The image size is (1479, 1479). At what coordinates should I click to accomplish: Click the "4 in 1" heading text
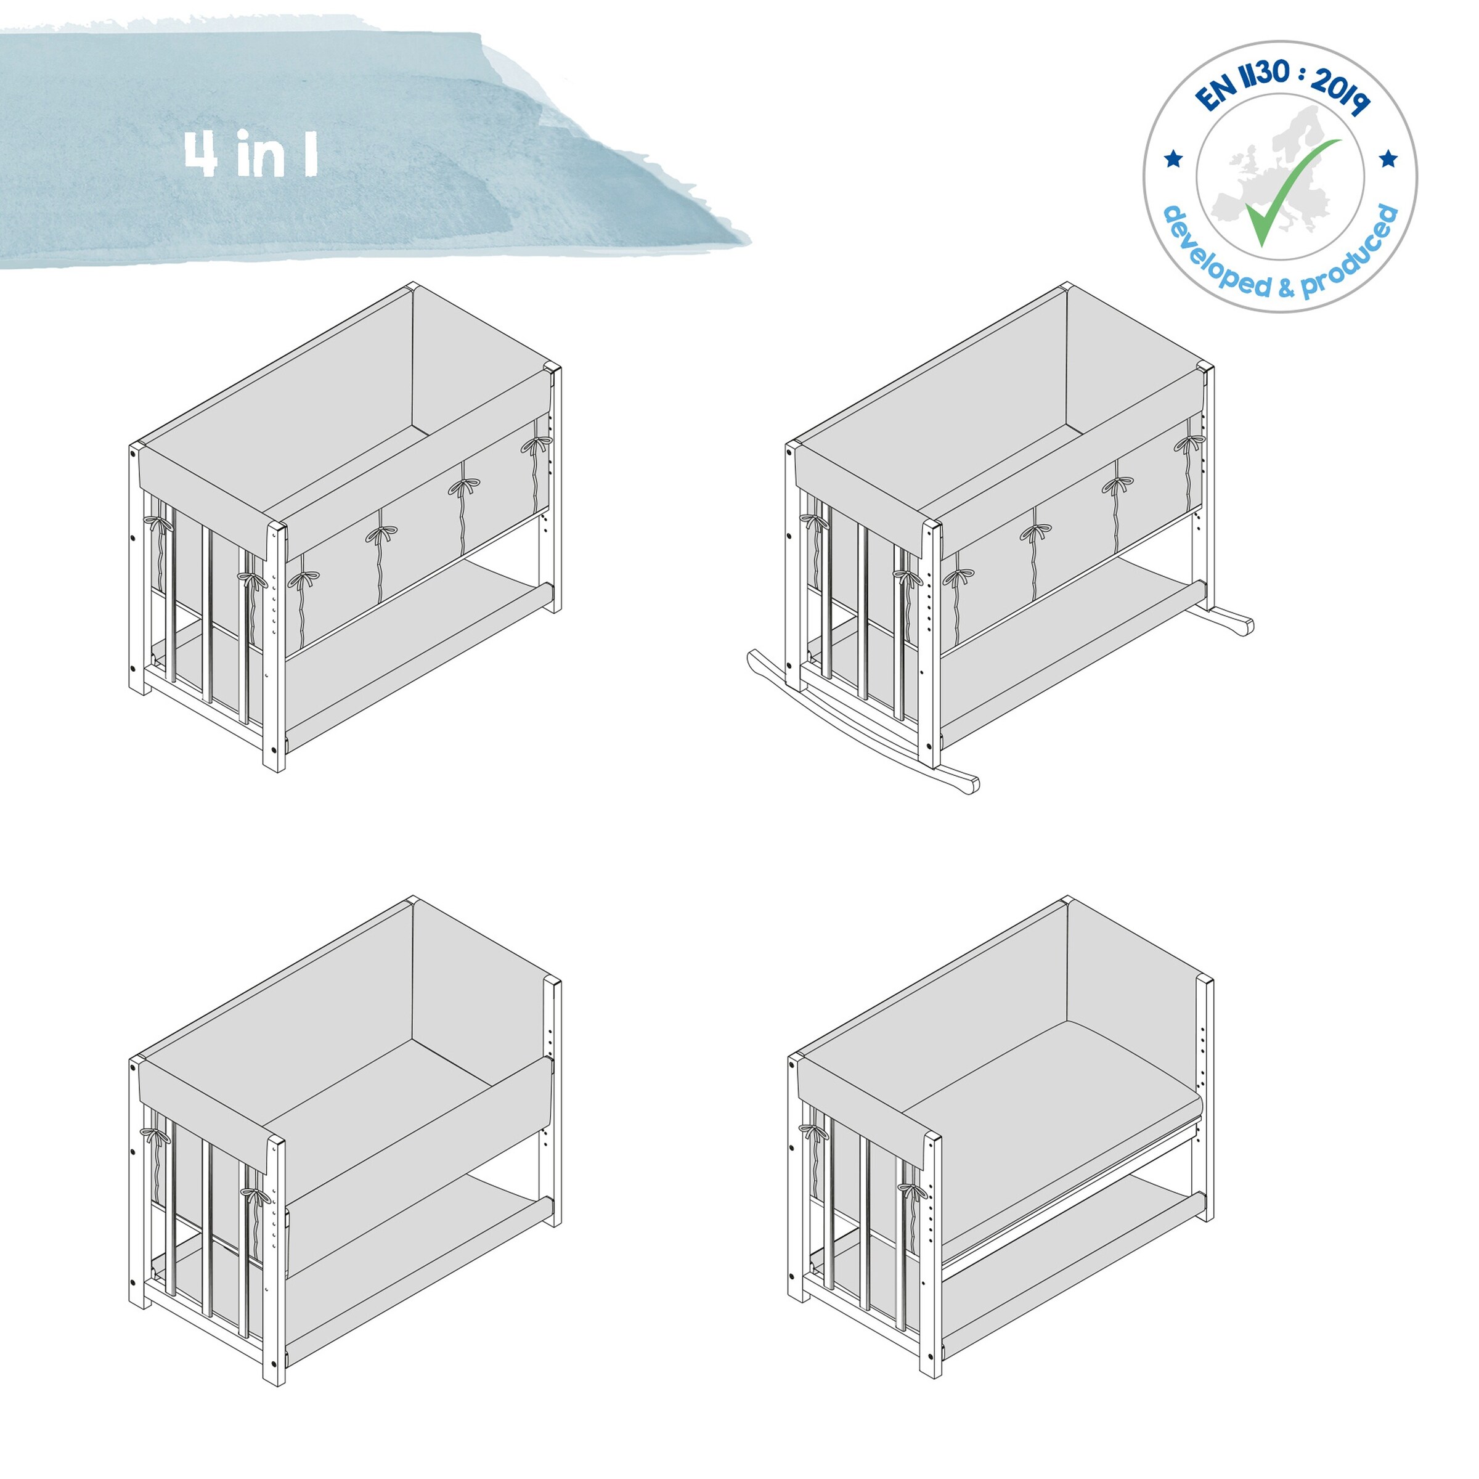click(x=250, y=154)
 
